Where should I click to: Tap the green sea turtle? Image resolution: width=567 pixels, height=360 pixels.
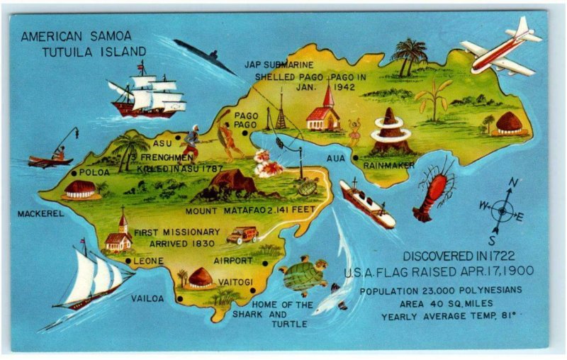[x=303, y=275]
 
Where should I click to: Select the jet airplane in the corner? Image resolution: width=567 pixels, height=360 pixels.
[x=501, y=48]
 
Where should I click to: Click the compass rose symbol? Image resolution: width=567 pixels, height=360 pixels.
[x=503, y=210]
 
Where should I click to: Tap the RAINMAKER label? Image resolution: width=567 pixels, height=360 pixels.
[x=388, y=164]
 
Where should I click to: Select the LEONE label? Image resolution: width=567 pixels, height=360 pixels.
[x=148, y=261]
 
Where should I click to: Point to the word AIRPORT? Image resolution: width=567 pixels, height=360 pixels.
[x=233, y=260]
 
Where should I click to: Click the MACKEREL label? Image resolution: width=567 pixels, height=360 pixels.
[x=40, y=213]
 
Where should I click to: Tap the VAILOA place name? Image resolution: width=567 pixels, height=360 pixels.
[x=147, y=298]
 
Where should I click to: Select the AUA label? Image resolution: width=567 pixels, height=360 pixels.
[x=336, y=158]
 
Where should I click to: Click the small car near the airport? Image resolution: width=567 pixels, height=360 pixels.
[x=242, y=235]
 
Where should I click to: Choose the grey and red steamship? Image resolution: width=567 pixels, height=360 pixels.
[x=367, y=203]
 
